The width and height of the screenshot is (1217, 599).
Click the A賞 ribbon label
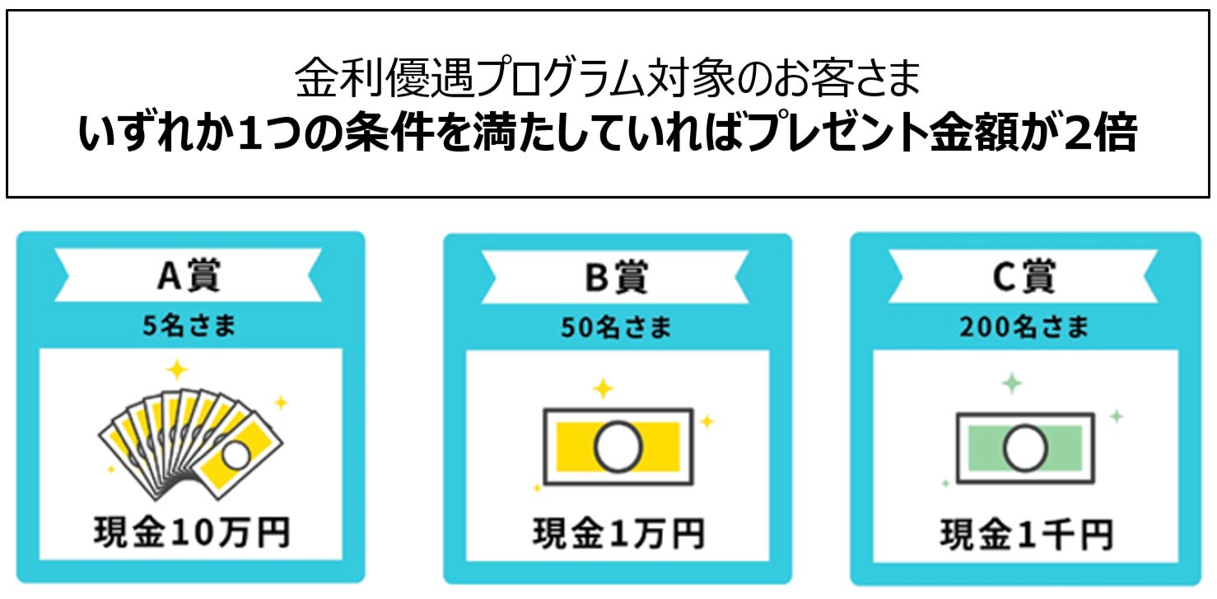click(189, 277)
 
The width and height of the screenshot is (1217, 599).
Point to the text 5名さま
click(189, 326)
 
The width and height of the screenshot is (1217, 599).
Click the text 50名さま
click(616, 328)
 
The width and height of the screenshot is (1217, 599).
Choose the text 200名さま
click(1024, 328)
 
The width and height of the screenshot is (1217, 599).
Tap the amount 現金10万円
click(191, 532)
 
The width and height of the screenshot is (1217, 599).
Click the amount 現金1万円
click(618, 533)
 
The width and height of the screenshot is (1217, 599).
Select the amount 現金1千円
click(1026, 533)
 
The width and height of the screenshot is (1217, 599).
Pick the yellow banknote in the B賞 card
click(618, 447)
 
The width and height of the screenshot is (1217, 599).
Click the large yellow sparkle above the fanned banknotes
click(176, 369)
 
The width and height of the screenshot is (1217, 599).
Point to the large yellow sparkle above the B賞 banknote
click(604, 388)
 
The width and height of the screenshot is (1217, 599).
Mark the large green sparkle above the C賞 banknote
click(1011, 383)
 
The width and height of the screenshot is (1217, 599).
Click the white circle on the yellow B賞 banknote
click(618, 447)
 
